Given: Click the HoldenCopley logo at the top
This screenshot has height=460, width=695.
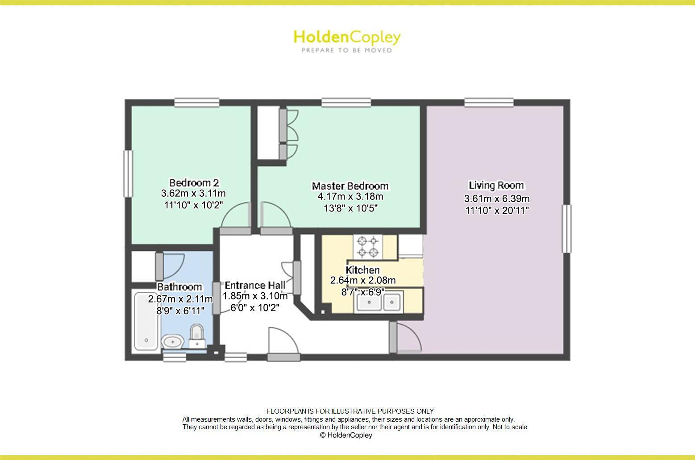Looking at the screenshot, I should [x=347, y=40].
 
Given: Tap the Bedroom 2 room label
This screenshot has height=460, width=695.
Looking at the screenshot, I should [x=194, y=182].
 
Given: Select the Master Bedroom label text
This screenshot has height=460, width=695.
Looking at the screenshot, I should [x=350, y=186].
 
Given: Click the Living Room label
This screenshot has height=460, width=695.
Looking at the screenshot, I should [x=496, y=185].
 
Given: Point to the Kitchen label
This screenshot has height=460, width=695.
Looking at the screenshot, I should [x=362, y=270].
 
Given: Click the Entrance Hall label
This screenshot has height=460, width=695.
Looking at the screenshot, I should [x=255, y=286].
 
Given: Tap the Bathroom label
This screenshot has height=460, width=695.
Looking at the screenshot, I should [x=179, y=287].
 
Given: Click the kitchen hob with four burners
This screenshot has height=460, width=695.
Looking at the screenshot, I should [x=368, y=247].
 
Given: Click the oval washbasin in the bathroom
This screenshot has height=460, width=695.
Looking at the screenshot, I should [x=172, y=342].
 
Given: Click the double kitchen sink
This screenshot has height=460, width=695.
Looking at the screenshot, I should [x=378, y=302].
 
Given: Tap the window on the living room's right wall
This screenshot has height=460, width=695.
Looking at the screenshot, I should [x=566, y=228].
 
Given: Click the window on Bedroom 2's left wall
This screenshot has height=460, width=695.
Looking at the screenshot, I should [x=129, y=173].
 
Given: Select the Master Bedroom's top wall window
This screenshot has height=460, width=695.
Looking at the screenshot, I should [x=346, y=103].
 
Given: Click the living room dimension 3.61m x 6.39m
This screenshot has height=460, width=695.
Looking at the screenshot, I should [x=497, y=199].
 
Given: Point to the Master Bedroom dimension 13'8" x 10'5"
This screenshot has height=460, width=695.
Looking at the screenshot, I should [x=350, y=208].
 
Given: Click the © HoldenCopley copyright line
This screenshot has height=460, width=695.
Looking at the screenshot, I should [x=346, y=435].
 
